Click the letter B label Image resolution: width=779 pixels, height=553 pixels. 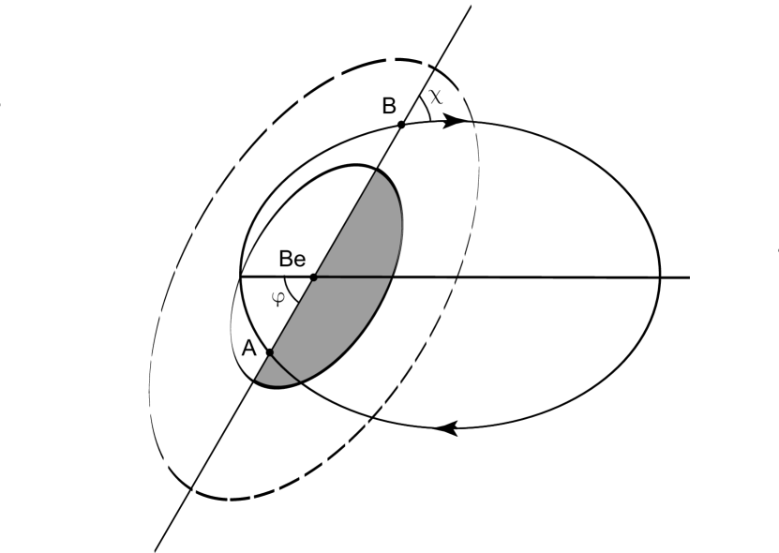point(388,106)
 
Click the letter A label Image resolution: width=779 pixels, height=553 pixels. point(248,348)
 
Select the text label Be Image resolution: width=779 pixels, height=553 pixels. point(292,260)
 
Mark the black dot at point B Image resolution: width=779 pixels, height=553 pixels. point(401,124)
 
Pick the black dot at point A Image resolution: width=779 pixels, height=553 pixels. point(269,352)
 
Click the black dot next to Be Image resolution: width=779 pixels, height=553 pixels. point(314,277)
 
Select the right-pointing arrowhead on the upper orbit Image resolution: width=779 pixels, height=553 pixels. point(457,120)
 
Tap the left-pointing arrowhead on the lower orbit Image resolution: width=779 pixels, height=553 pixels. point(448,427)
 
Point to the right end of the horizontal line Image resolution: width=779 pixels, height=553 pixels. point(690,277)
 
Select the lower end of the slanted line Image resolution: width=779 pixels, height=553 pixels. point(156,549)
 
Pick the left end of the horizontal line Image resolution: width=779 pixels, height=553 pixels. point(241,277)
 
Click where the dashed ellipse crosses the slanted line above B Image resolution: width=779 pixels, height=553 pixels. point(435,67)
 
